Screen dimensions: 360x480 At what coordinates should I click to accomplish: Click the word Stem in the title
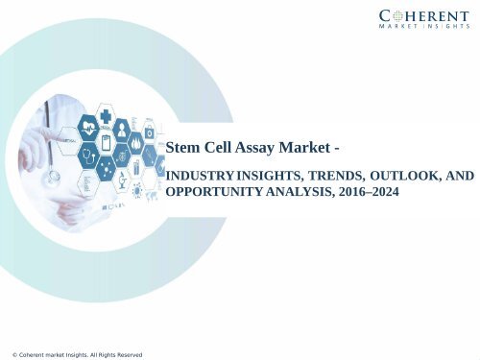click(x=183, y=148)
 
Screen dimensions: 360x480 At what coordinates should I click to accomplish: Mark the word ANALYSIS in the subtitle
click(x=301, y=192)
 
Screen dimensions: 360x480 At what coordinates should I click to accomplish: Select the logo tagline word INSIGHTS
click(x=441, y=29)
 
